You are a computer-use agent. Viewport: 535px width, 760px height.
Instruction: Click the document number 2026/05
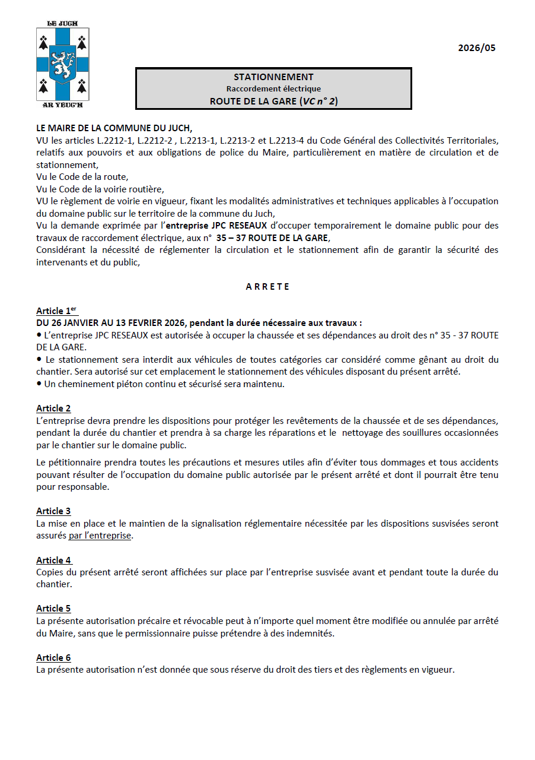(476, 48)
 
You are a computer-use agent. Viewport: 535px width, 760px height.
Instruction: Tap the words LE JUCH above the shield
(62, 24)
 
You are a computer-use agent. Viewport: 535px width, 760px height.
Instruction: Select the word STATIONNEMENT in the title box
(273, 77)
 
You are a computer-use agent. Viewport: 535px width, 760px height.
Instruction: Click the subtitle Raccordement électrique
(273, 88)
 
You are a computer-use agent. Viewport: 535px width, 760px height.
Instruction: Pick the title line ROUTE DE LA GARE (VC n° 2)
(273, 101)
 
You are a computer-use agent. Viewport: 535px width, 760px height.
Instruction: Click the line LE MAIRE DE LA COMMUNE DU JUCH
(114, 128)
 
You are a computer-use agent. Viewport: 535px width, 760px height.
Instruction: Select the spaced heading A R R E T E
(267, 286)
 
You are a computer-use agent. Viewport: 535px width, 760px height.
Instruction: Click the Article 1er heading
(56, 311)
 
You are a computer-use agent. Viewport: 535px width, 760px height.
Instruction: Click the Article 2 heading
(53, 408)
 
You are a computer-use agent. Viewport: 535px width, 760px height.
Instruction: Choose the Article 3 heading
(53, 511)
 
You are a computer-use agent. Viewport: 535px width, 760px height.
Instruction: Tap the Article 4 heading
(53, 560)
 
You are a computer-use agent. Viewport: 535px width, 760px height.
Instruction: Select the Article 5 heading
(53, 609)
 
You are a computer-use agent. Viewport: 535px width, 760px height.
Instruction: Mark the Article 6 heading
(53, 658)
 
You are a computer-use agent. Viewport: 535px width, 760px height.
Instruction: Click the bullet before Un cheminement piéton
(39, 384)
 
